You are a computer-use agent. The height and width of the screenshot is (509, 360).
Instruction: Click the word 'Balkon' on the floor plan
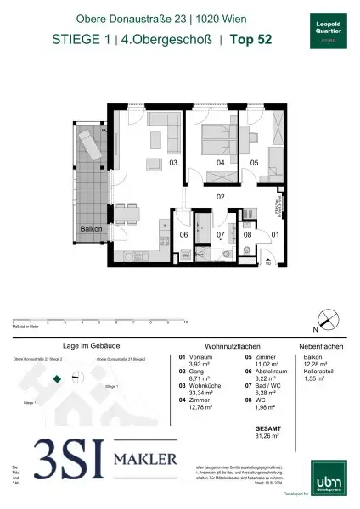click(x=92, y=230)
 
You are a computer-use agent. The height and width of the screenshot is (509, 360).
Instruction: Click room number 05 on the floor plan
click(x=253, y=162)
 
